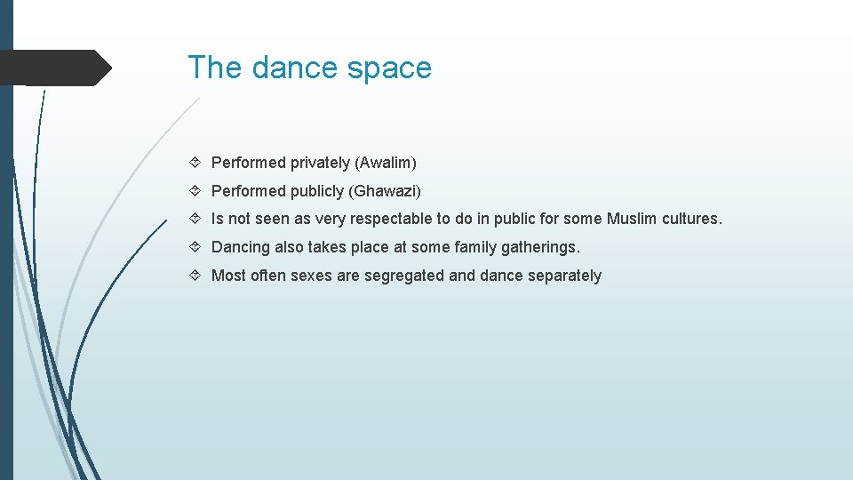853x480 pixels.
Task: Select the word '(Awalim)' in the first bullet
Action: pyautogui.click(x=386, y=163)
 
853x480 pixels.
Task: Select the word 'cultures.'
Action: pyautogui.click(x=692, y=219)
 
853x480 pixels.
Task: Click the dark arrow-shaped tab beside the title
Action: pyautogui.click(x=53, y=68)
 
